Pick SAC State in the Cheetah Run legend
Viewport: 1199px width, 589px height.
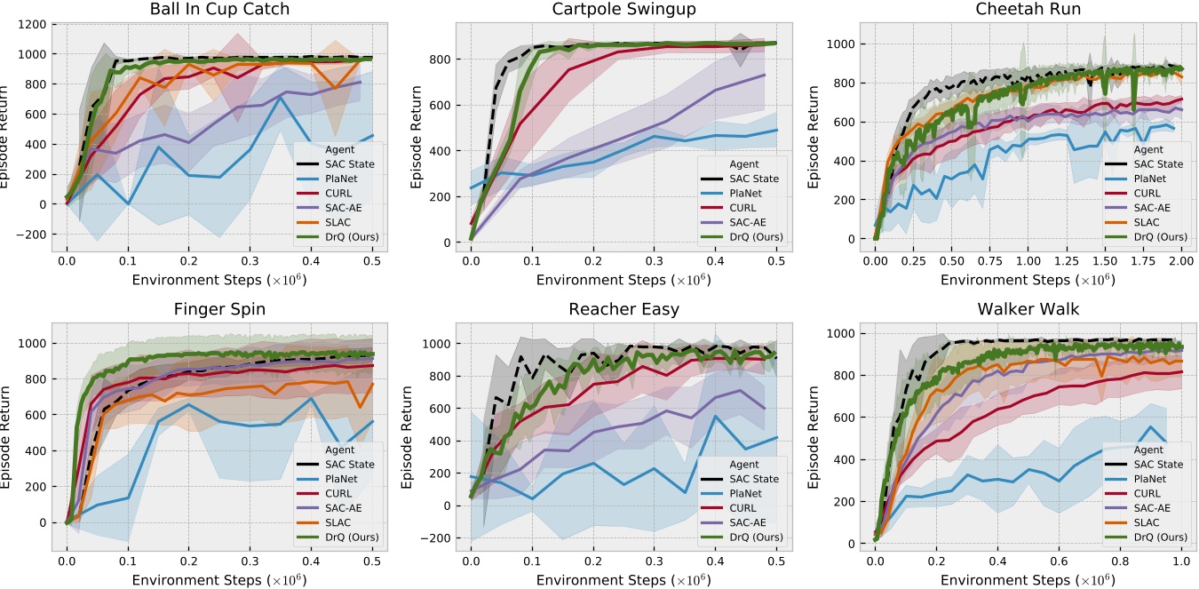click(1159, 164)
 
